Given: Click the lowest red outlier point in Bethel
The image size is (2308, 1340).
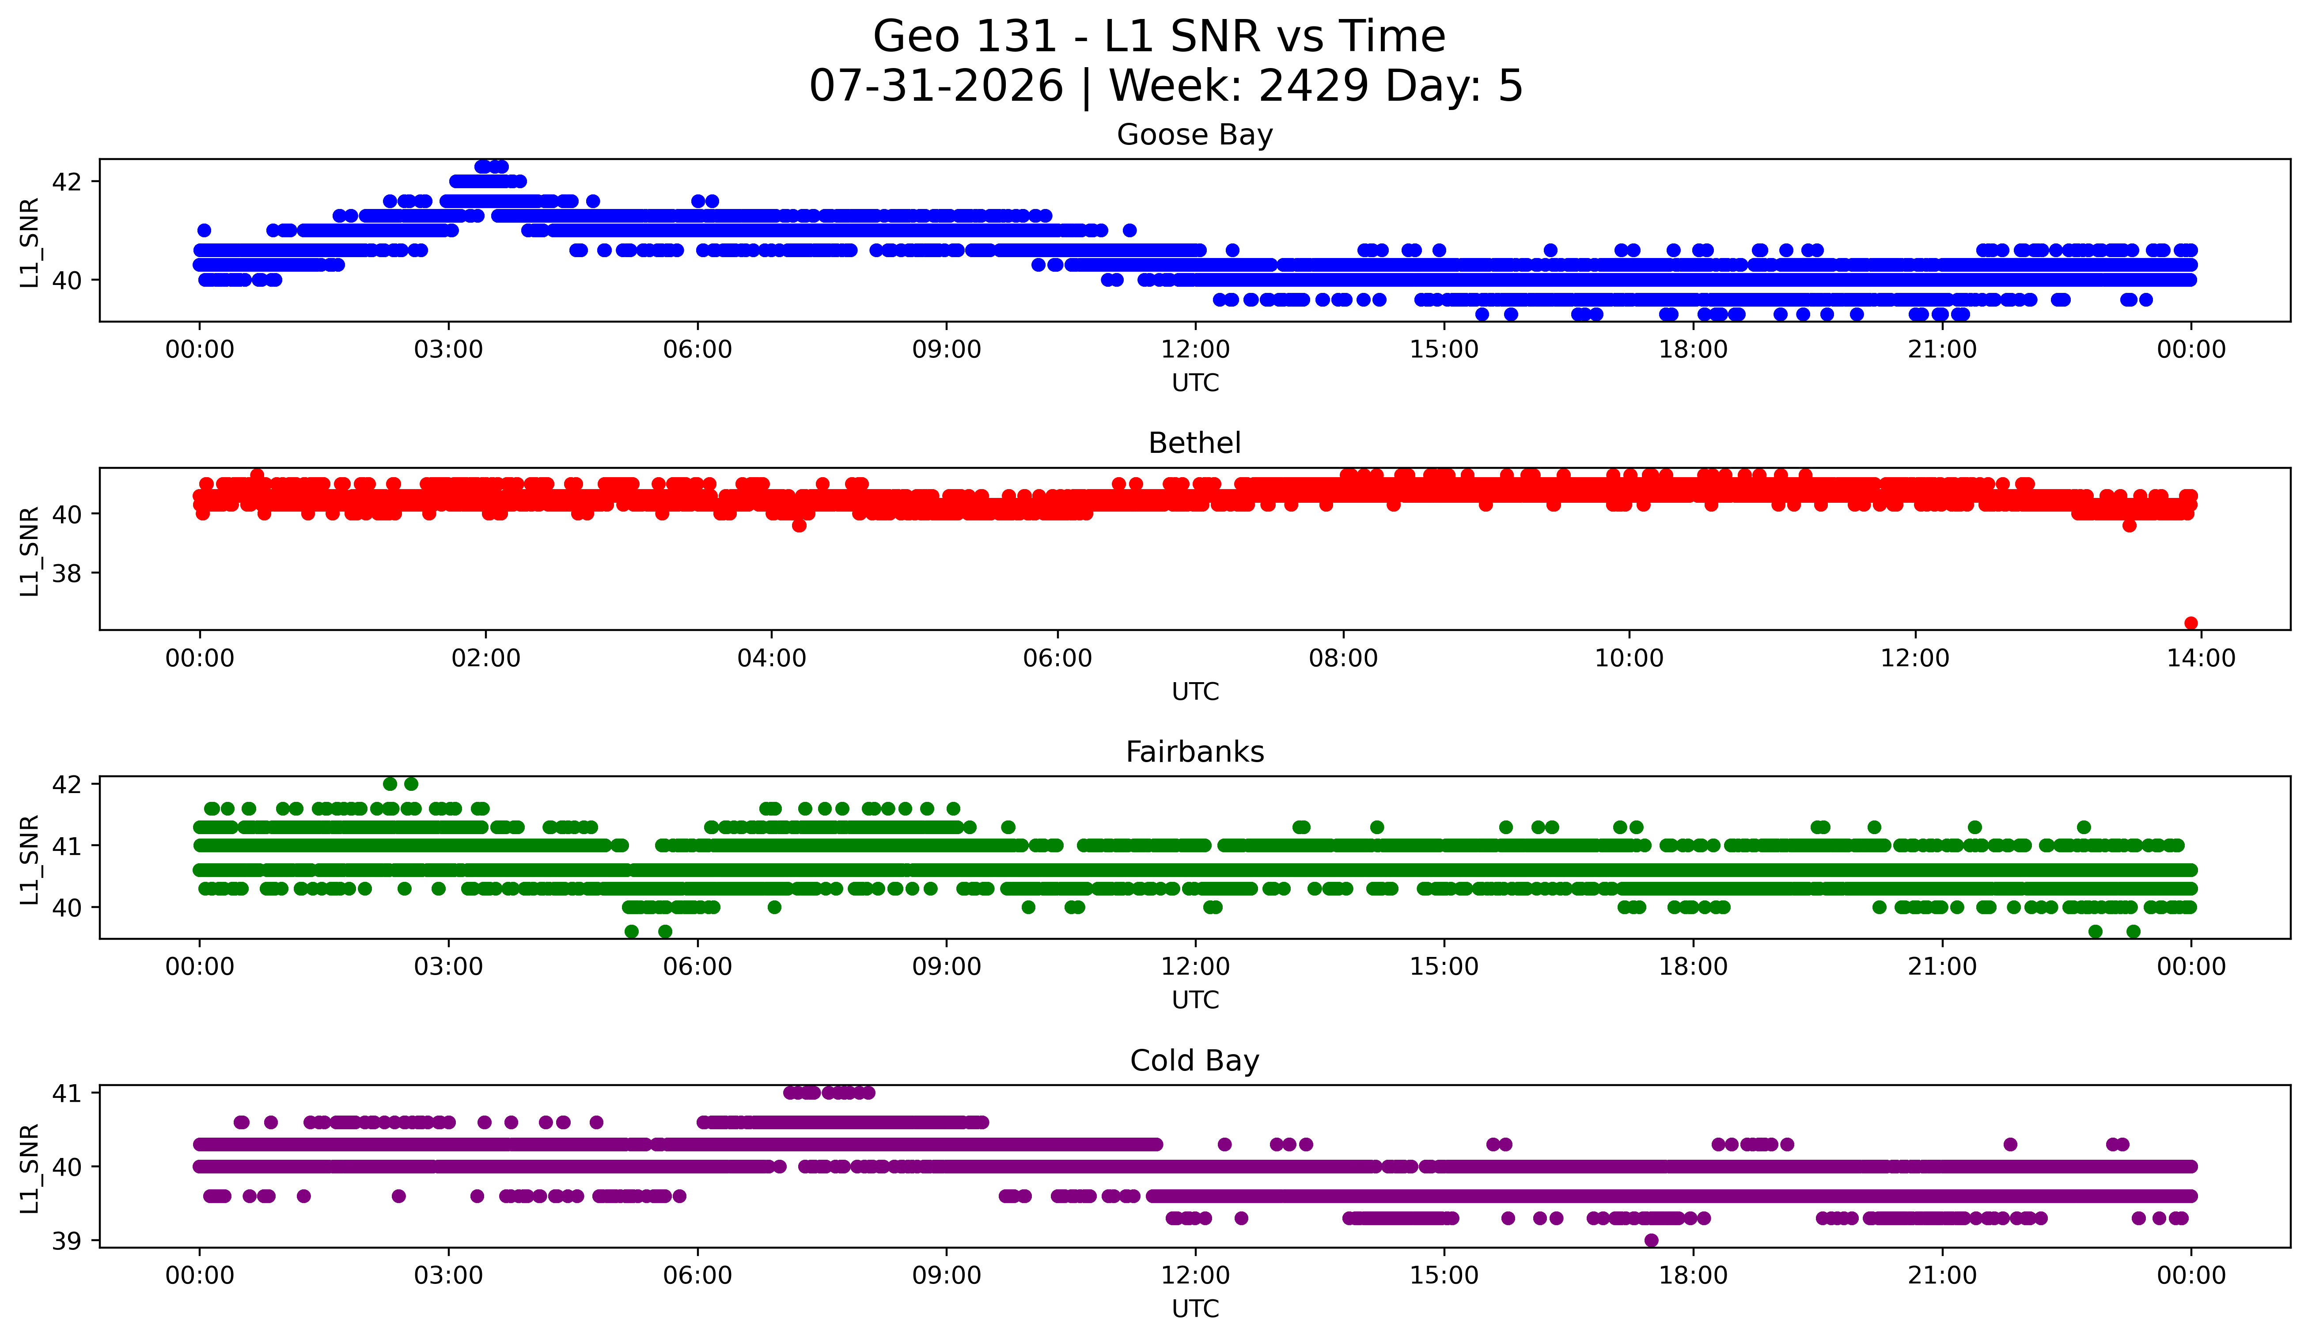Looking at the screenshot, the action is click(2191, 623).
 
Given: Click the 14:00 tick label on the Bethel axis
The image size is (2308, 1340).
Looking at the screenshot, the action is click(2201, 658).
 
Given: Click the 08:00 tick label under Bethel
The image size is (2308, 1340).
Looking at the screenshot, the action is click(1344, 658).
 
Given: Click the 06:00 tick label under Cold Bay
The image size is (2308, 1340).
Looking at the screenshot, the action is click(698, 1275).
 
